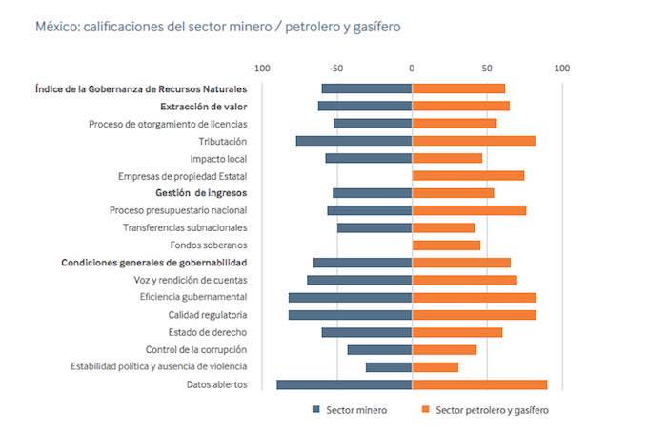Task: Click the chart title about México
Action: pos(217,28)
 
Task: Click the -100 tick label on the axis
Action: pos(260,69)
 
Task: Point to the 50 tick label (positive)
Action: pos(487,69)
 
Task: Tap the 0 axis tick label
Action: pos(412,69)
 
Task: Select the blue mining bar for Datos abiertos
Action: pos(344,384)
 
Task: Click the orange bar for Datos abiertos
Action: pos(479,384)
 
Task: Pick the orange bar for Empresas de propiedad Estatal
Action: pos(468,176)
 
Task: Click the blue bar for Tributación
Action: pos(354,141)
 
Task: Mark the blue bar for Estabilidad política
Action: pos(389,367)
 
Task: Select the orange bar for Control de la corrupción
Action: pos(444,349)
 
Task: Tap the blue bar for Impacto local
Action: pos(369,158)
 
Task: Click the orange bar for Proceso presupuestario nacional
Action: pos(469,210)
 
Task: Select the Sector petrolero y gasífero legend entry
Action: pos(485,410)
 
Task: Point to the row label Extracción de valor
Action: pos(204,106)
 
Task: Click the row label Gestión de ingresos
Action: pos(201,193)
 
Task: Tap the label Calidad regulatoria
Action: pos(208,315)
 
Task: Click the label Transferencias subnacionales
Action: pos(185,227)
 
